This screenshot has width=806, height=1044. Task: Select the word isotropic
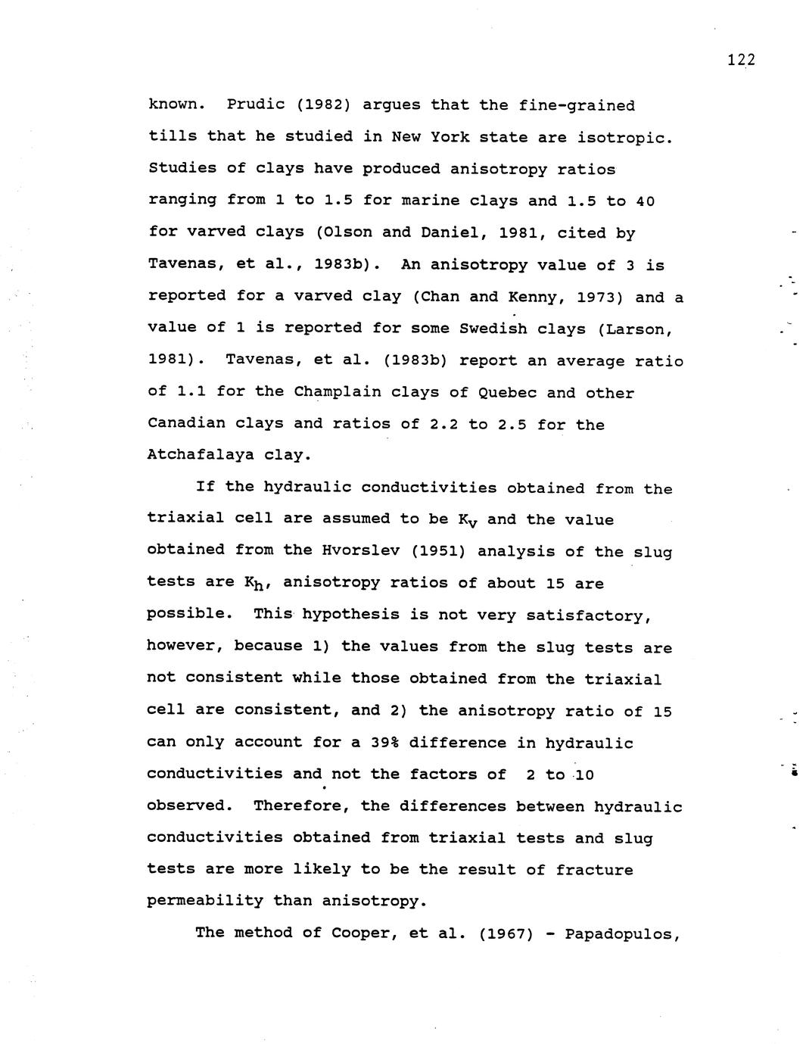click(624, 138)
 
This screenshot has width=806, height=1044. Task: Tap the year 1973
click(599, 297)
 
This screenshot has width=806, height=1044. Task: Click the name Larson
click(639, 329)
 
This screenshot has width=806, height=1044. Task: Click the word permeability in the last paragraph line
click(205, 901)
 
